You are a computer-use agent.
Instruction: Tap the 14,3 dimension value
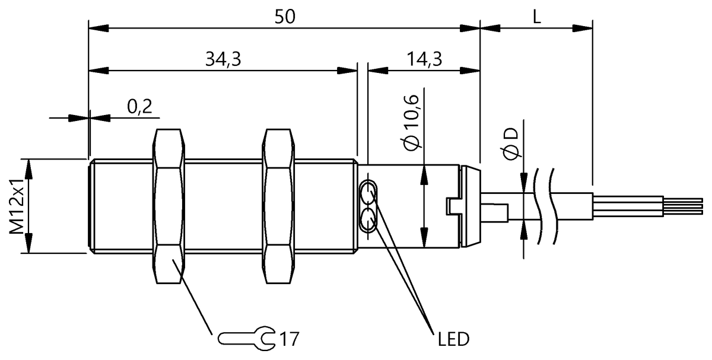(x=424, y=59)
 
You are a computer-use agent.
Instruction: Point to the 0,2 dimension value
(x=139, y=107)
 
